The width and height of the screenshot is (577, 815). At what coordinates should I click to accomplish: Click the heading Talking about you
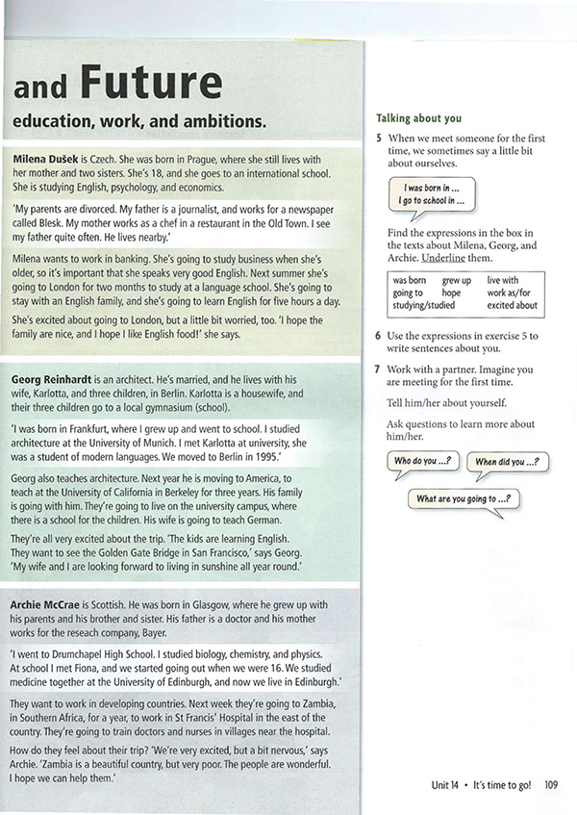pyautogui.click(x=418, y=118)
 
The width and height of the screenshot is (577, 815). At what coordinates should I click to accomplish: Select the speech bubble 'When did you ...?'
pyautogui.click(x=506, y=463)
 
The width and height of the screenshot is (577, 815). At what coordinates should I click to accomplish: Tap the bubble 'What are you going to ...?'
pyautogui.click(x=462, y=498)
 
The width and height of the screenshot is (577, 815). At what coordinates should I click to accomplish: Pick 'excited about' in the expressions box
pyautogui.click(x=512, y=305)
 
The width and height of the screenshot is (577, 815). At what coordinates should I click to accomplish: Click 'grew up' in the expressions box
pyautogui.click(x=458, y=280)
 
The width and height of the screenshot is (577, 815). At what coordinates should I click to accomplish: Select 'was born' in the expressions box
pyautogui.click(x=410, y=280)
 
